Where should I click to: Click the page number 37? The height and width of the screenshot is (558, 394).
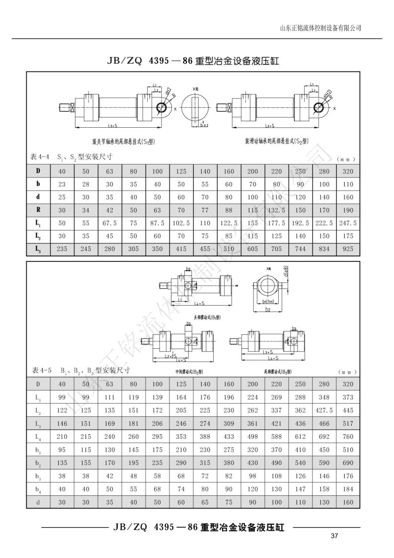click(334, 536)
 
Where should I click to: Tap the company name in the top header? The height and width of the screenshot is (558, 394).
click(321, 28)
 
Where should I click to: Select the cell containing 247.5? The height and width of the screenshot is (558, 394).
click(347, 223)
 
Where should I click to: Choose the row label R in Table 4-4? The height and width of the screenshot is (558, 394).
click(38, 210)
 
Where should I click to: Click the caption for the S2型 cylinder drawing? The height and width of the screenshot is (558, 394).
click(275, 141)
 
